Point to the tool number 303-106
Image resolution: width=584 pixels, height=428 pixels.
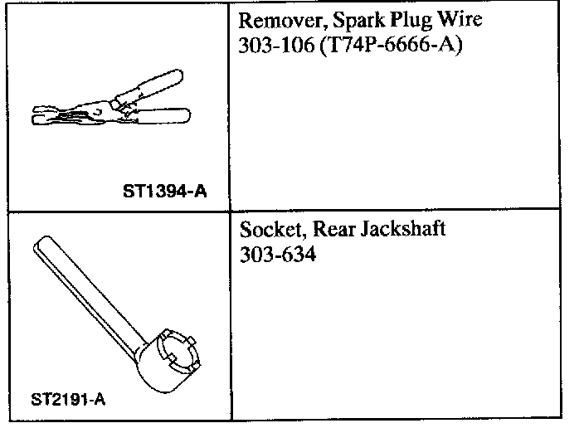click(x=269, y=43)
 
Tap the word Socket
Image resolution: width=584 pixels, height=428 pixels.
click(x=267, y=230)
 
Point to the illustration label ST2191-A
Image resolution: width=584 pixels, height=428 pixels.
click(x=68, y=399)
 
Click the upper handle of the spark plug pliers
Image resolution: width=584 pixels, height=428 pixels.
click(x=157, y=89)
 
